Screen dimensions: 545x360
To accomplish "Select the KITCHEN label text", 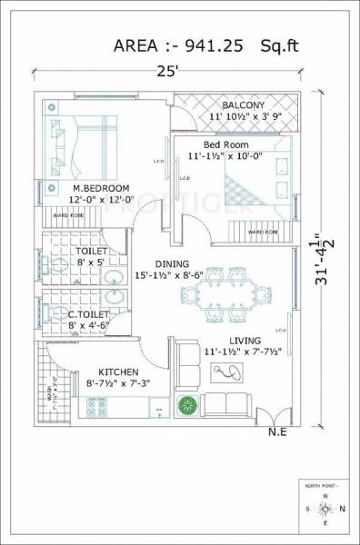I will coord(118,372).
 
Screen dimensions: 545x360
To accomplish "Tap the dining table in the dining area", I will coord(224,292).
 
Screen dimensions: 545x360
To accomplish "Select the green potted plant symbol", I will coord(188,404).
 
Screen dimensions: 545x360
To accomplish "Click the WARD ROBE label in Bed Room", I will coord(263,232).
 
